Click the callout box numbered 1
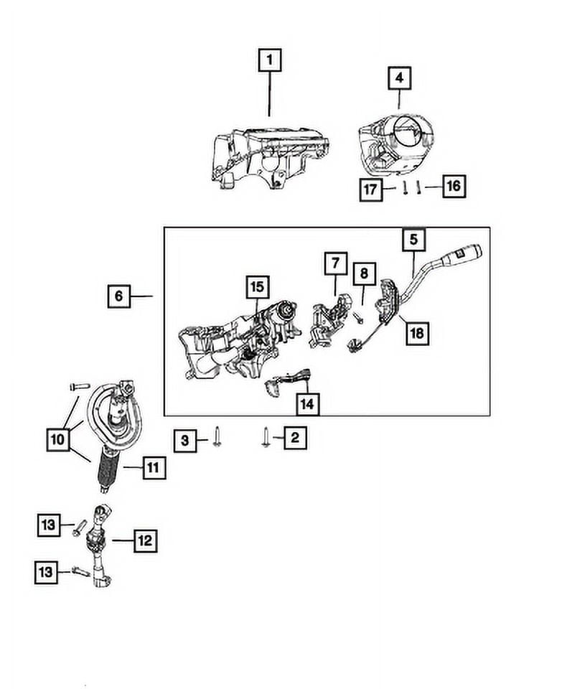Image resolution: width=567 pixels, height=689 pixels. [x=269, y=61]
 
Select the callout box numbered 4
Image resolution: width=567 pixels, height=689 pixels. [x=400, y=78]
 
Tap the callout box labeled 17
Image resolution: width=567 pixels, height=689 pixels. [x=370, y=189]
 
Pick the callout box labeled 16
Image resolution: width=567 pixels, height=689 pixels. [x=452, y=187]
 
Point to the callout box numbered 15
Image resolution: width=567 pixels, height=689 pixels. [x=256, y=287]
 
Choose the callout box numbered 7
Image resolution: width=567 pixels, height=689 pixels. [x=334, y=264]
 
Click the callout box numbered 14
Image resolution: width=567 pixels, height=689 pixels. [x=306, y=404]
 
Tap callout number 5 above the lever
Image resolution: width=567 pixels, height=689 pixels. [x=414, y=240]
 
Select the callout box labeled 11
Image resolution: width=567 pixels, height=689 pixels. [x=153, y=468]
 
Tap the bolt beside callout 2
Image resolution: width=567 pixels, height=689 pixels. [x=266, y=436]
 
